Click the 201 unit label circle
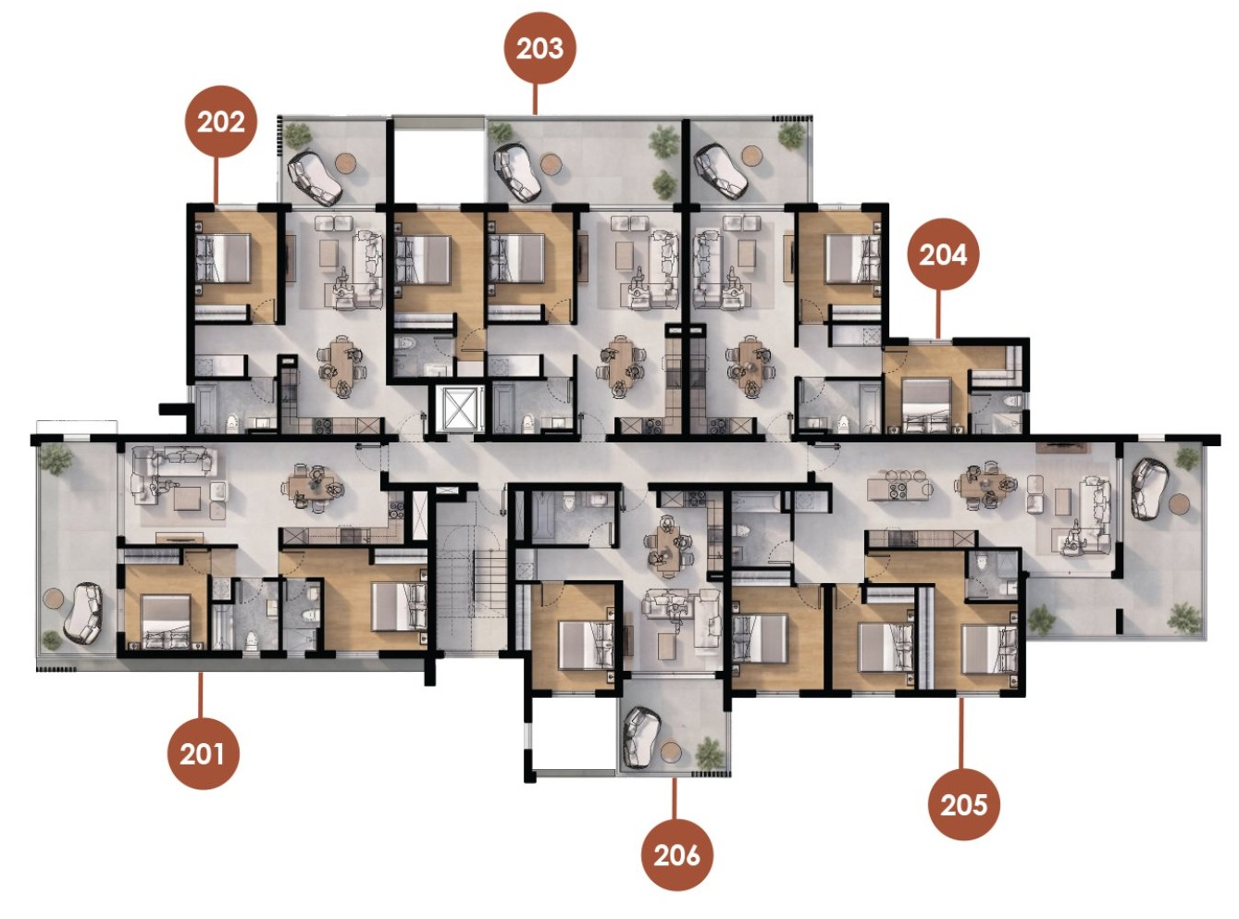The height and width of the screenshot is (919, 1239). (203, 752)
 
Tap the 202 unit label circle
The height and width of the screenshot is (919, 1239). (220, 121)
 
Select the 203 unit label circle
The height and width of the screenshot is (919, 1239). (539, 48)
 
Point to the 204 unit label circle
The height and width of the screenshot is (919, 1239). (942, 255)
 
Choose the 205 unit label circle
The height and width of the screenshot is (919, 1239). (963, 804)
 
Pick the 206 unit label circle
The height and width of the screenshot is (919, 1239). (676, 855)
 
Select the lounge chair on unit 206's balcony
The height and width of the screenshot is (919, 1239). (642, 738)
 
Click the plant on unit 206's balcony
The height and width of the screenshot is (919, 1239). (710, 752)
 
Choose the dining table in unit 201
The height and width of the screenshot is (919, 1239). (315, 487)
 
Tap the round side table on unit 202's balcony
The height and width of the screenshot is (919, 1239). (346, 163)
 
